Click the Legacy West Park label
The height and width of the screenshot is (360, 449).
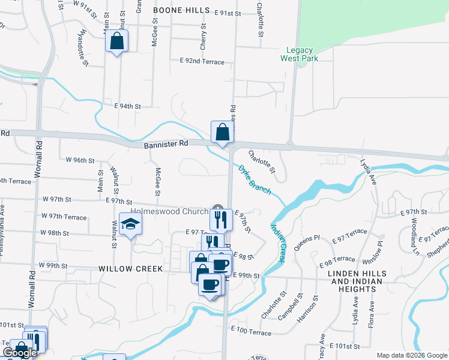click(299, 54)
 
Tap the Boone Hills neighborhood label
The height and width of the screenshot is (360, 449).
click(181, 10)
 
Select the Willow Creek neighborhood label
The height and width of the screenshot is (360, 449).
click(130, 269)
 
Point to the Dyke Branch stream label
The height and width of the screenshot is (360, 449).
click(255, 179)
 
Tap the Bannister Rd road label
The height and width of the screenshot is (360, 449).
click(166, 145)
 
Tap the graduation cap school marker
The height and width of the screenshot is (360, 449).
click(130, 224)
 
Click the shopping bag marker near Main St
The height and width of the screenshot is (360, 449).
click(117, 41)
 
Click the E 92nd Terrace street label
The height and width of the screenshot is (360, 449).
click(202, 62)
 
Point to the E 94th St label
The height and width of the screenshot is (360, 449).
click(127, 106)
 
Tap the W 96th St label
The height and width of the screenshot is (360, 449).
click(80, 160)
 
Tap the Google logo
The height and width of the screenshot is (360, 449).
click(20, 353)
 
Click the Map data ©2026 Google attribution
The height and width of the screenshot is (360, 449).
click(411, 355)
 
